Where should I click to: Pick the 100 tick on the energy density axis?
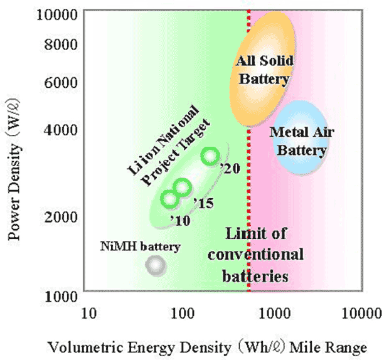tap(183, 312)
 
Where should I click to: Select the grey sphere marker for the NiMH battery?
tap(155, 266)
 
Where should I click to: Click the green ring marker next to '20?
tap(210, 156)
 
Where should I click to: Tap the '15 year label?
tap(203, 203)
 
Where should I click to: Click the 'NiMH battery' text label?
tap(139, 246)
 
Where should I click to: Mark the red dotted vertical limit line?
tap(249, 188)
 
